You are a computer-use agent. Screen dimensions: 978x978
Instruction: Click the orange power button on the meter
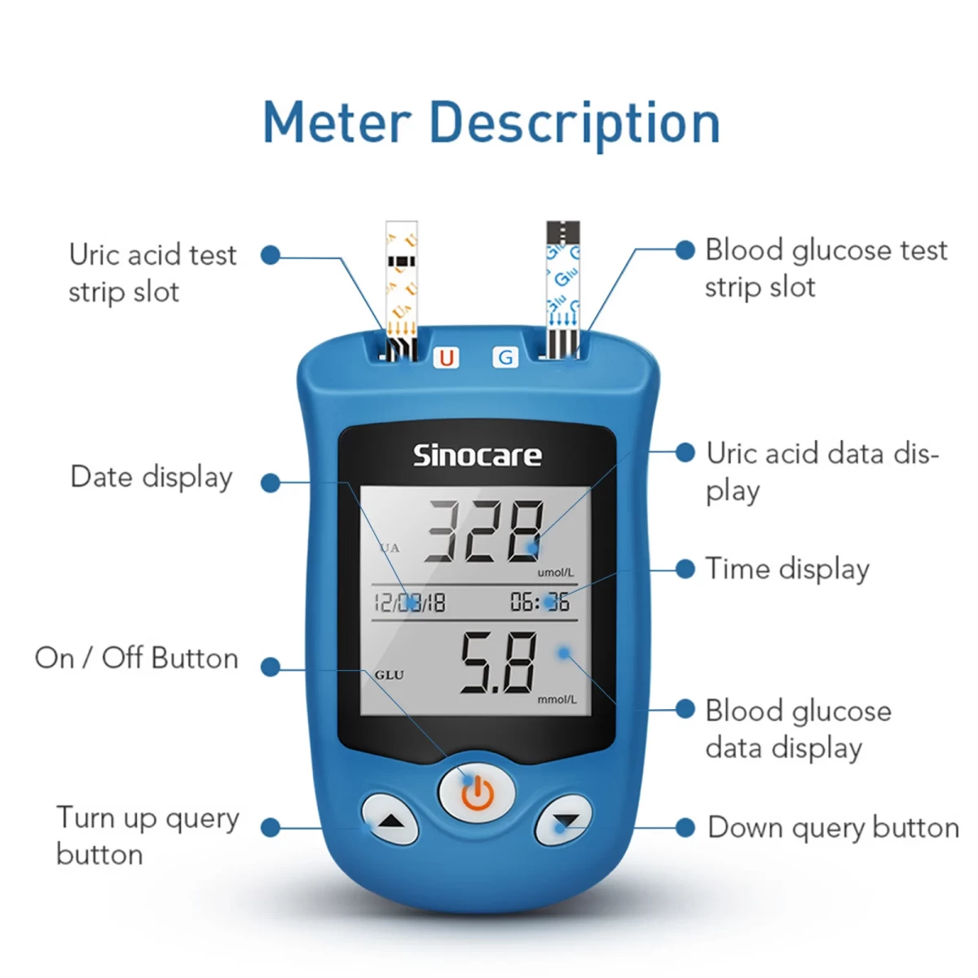coord(477,790)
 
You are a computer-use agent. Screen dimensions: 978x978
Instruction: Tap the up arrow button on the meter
coord(390,820)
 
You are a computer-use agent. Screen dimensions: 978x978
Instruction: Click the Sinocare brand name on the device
coord(477,455)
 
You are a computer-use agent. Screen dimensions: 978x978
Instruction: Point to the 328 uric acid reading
coord(484,531)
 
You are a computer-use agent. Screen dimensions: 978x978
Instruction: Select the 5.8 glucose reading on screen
coord(498,663)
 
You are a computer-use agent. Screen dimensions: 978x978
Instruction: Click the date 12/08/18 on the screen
coord(409,602)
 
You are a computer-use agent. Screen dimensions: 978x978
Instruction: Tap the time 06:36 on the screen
coord(540,602)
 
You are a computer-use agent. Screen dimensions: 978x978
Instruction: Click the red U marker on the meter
coord(446,357)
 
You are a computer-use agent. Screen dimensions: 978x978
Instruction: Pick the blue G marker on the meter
coord(506,357)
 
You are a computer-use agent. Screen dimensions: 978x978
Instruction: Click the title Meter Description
coord(491,123)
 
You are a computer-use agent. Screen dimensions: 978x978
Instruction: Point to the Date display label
coord(152,477)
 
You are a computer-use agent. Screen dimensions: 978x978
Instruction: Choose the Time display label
coord(787,569)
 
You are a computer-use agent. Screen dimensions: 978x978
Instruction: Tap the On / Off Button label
coord(137,658)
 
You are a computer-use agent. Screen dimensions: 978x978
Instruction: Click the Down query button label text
coord(833,827)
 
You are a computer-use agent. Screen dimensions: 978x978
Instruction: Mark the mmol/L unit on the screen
coord(557,699)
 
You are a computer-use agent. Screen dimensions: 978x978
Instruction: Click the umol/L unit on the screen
coord(555,572)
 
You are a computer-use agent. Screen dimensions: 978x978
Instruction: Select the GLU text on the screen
coord(390,675)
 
